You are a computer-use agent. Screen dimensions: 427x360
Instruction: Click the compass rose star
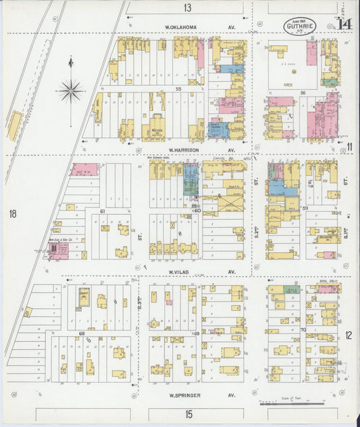click(70, 89)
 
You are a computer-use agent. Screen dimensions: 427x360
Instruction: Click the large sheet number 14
click(345, 25)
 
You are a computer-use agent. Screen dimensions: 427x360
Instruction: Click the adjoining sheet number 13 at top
click(186, 8)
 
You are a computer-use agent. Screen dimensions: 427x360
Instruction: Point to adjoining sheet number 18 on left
click(13, 214)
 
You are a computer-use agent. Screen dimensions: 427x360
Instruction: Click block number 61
click(103, 211)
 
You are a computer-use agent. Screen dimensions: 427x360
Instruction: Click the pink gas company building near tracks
click(58, 251)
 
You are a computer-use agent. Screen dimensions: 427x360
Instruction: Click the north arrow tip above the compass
click(70, 60)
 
